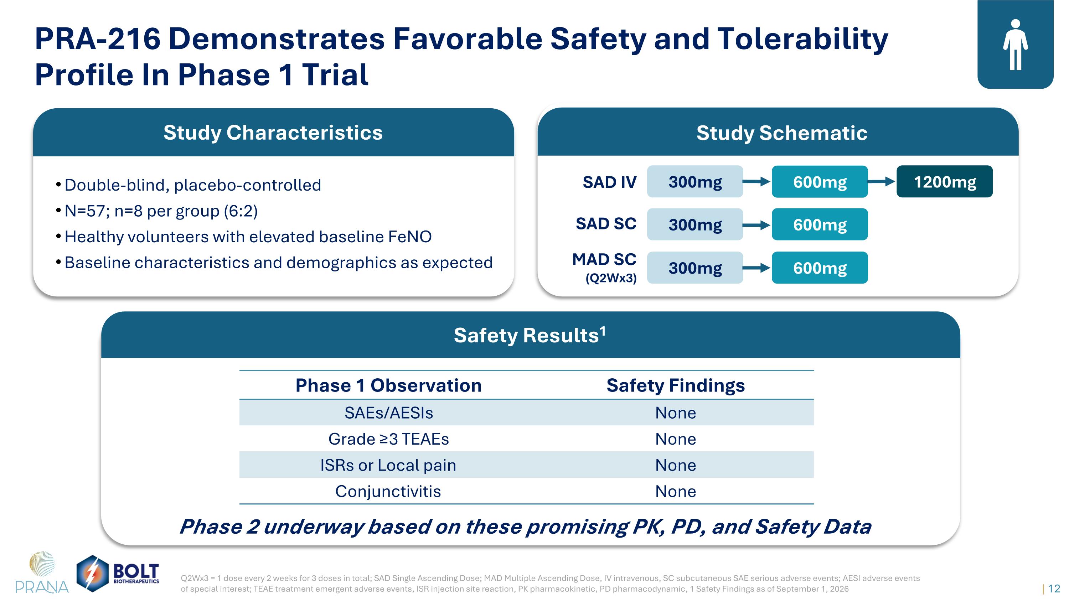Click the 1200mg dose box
pos(945,182)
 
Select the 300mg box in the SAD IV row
pos(695,182)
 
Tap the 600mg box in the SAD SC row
pos(820,224)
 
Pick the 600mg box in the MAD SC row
pos(820,268)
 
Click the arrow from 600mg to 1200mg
pos(882,182)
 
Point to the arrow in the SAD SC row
pos(756,225)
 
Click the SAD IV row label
pos(609,182)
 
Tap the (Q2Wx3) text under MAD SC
pos(611,278)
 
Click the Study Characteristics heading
pos(273,133)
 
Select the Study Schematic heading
pos(782,133)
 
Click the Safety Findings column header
pos(676,385)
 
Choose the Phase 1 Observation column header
pos(388,385)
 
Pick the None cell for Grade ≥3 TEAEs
pos(676,439)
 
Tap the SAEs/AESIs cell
pos(389,413)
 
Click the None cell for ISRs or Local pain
pos(676,465)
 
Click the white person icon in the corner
pos(1016,45)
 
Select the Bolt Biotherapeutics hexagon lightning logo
pos(93,574)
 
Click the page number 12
pos(1054,589)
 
